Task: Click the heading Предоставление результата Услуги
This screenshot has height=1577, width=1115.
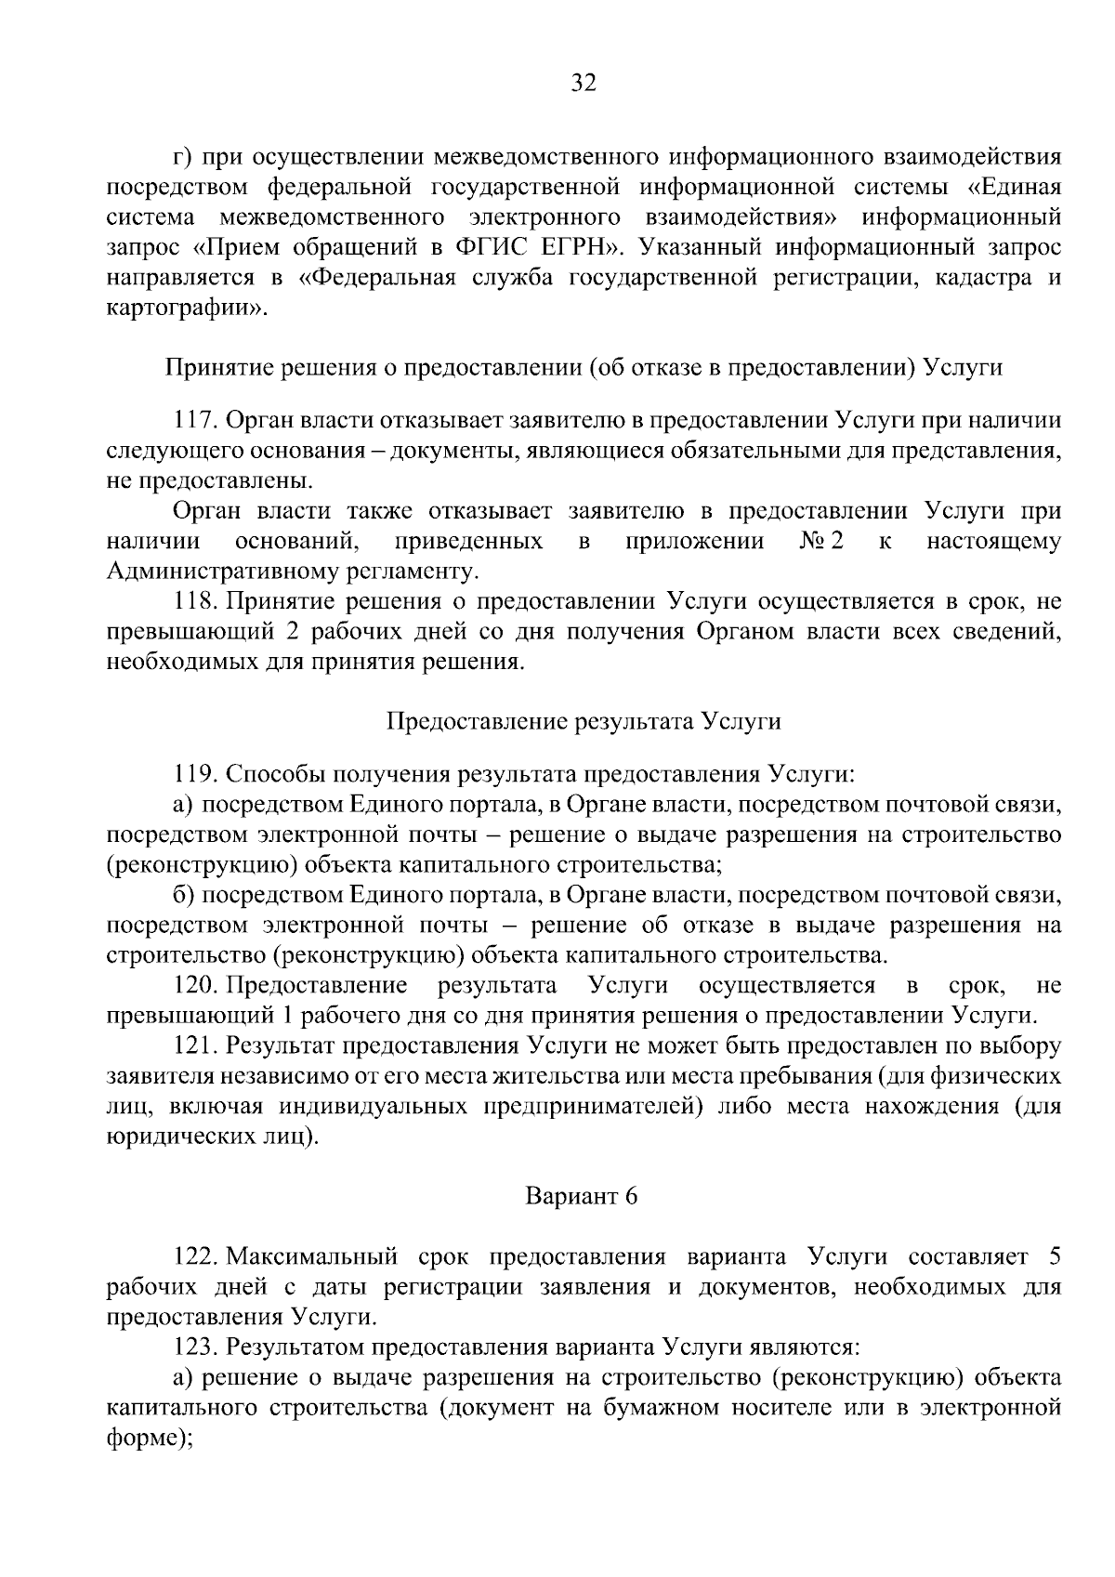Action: [x=583, y=721]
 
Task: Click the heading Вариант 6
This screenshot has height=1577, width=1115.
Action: [x=583, y=1196]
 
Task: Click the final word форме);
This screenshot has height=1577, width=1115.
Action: [x=150, y=1437]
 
